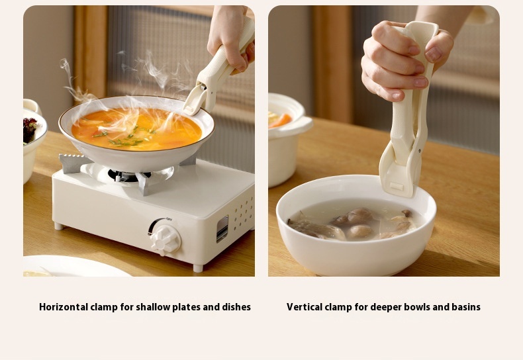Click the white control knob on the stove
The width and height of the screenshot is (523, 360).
166,240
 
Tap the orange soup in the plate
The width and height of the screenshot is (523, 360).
137,129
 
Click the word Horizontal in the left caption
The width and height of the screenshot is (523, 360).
64,306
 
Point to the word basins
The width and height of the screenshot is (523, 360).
465,306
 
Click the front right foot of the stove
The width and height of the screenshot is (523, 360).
198,267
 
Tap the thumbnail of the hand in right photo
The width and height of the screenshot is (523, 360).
433,54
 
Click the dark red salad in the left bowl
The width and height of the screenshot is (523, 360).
28,130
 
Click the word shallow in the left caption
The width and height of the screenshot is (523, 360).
157,306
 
